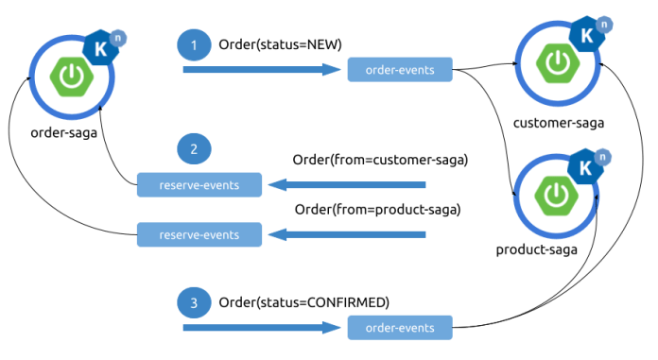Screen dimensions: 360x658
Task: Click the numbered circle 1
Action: click(194, 44)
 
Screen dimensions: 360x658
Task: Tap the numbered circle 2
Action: click(194, 150)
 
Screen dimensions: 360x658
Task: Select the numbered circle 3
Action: click(194, 302)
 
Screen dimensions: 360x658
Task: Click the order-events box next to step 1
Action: click(400, 69)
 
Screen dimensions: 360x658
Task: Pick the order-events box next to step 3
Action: click(400, 328)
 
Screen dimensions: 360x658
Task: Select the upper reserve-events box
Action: click(199, 185)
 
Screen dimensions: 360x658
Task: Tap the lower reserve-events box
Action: click(199, 233)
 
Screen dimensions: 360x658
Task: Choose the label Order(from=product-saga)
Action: click(377, 208)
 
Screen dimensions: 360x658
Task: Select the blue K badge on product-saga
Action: click(585, 168)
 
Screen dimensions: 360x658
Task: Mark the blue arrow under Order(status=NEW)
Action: click(261, 69)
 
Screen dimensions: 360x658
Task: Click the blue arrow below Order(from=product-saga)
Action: click(350, 233)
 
